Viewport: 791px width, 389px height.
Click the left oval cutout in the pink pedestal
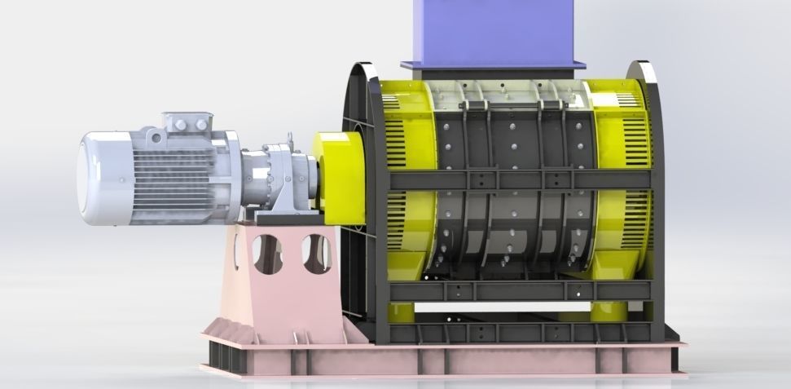point(264,254)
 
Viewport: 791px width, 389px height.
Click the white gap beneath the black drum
point(505,311)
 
